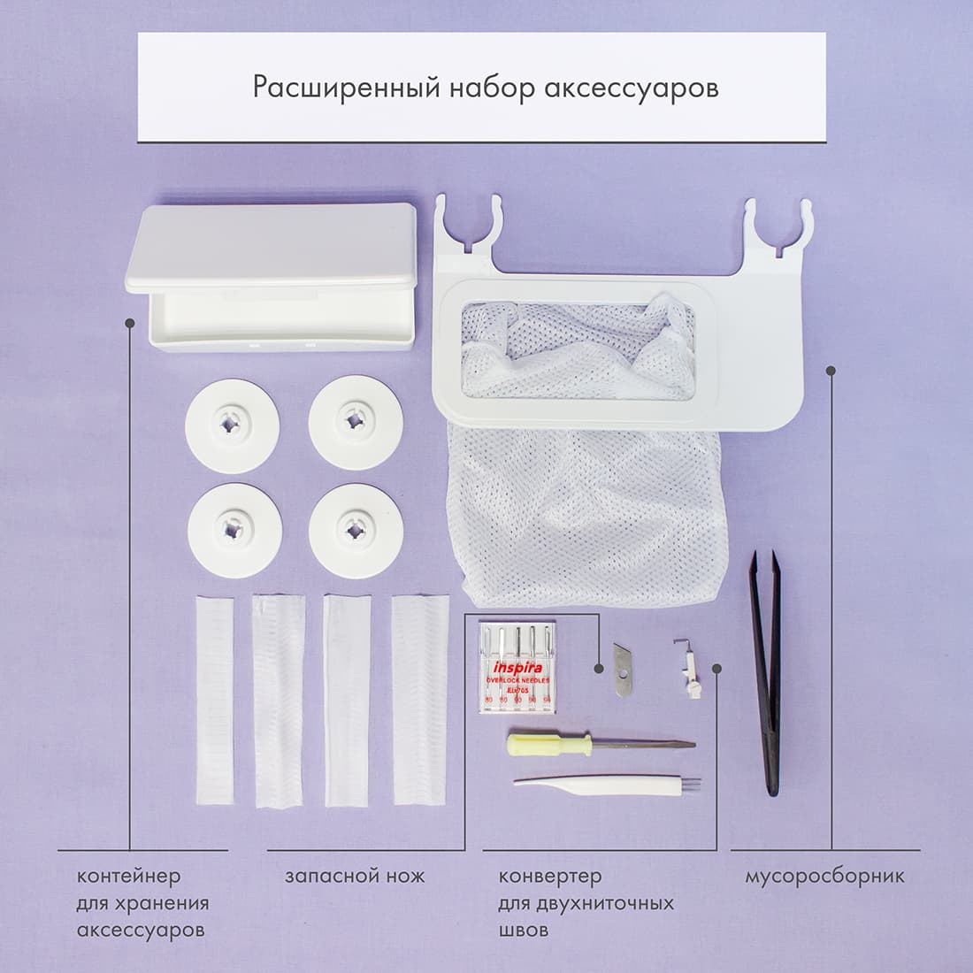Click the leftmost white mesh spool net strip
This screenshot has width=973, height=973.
coord(213,699)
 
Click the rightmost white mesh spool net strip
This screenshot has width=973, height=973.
coord(420,699)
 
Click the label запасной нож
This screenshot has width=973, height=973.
coord(355,877)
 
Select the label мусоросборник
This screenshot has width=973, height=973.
coord(824,877)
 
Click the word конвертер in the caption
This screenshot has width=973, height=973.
coord(550,877)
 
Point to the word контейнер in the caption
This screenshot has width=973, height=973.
coord(129,877)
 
